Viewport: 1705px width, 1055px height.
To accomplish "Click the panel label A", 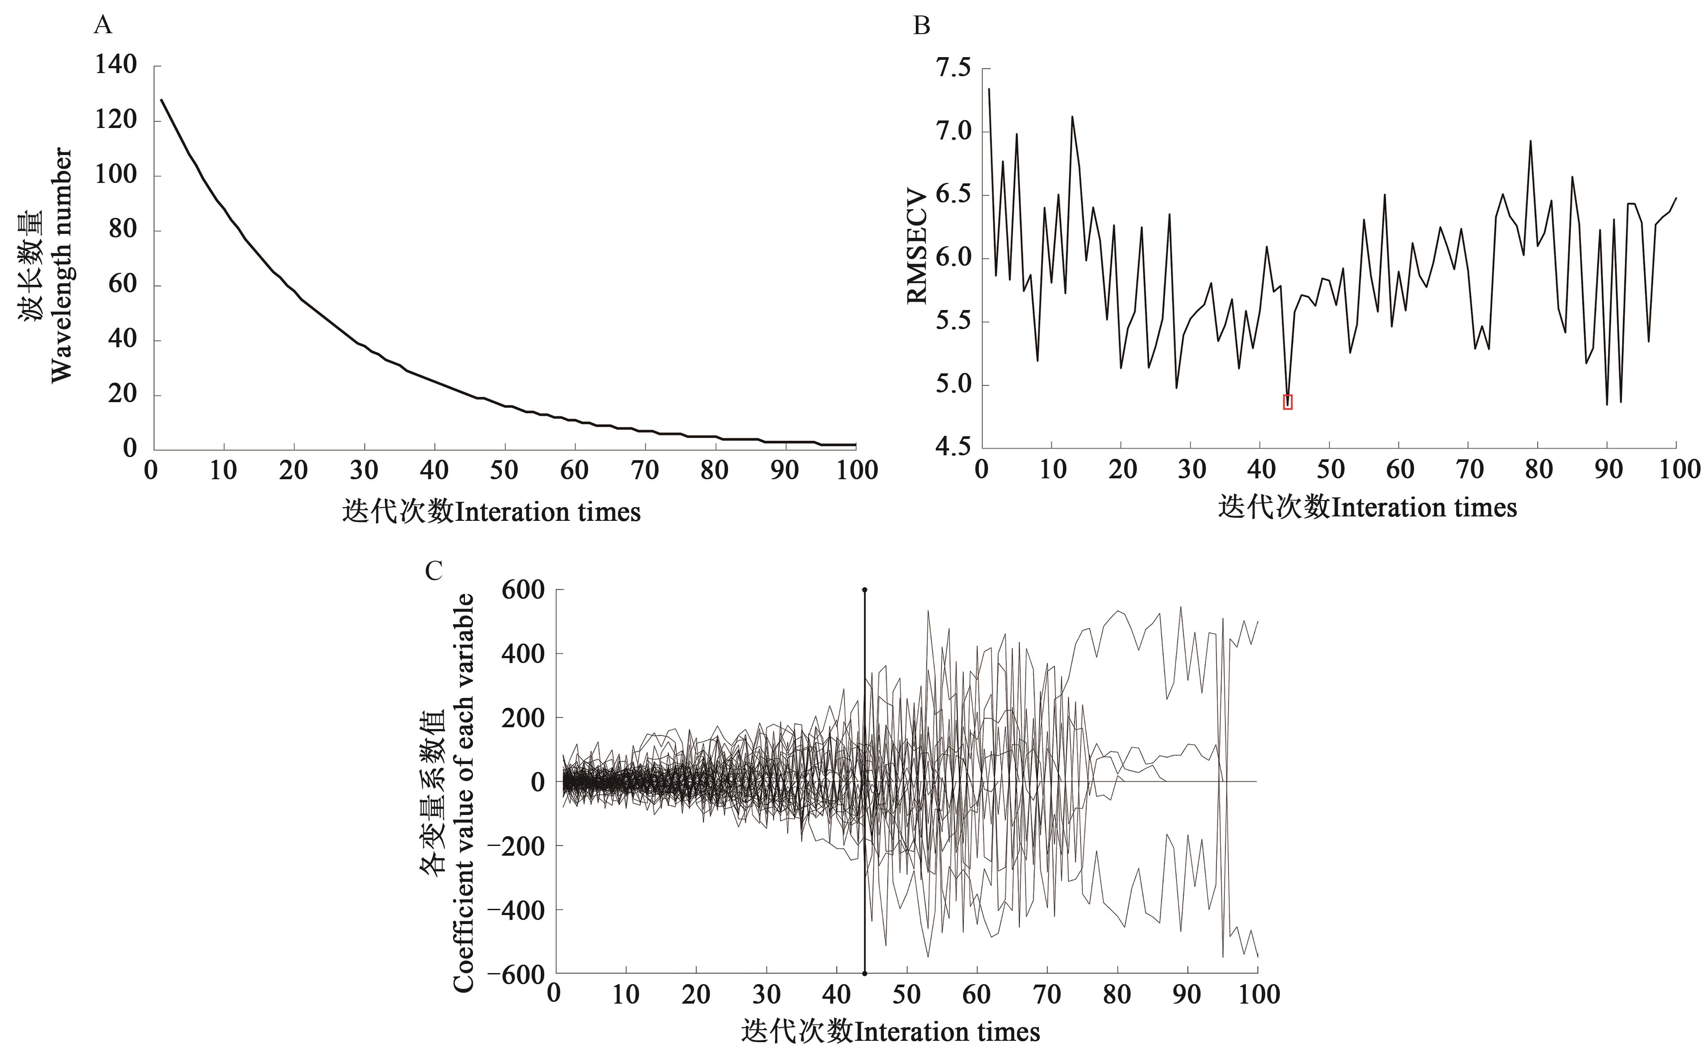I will coord(103,26).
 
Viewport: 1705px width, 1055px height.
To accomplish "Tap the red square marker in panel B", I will coord(1288,401).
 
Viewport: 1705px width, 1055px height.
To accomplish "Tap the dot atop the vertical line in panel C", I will coord(864,590).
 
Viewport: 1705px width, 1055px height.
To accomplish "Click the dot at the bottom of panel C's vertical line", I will coord(864,974).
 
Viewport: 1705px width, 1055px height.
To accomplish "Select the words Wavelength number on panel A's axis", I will coord(62,265).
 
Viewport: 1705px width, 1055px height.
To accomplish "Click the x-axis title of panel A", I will coord(491,512).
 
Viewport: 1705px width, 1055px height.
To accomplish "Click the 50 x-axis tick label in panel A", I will coord(504,470).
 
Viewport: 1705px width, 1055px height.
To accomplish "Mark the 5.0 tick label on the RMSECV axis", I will coord(953,384).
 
